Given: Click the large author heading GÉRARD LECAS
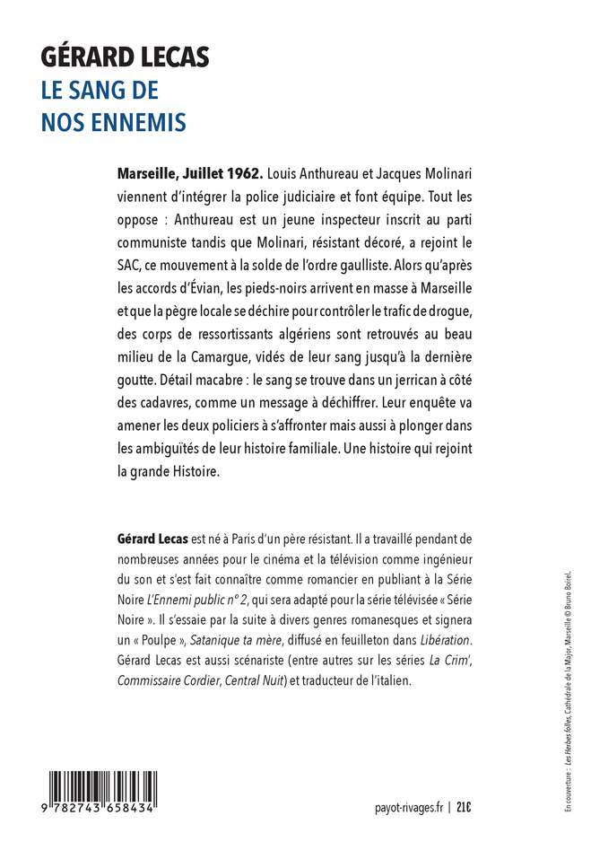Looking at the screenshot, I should coord(125,58).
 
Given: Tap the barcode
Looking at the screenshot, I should coord(101,792).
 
